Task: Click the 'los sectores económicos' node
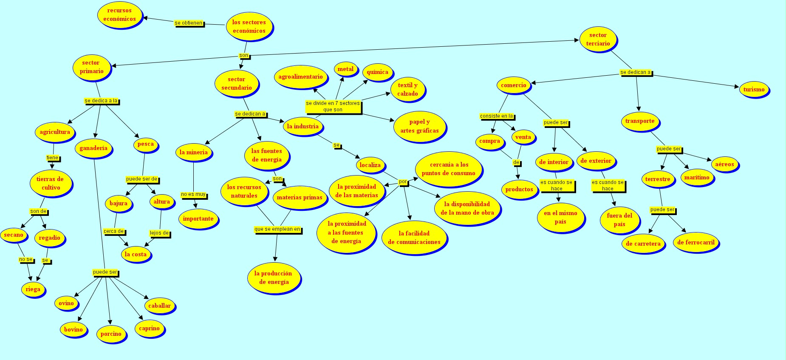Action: (x=249, y=26)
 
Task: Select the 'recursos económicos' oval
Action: (x=119, y=15)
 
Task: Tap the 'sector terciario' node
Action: (x=598, y=39)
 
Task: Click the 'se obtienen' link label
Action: (x=189, y=23)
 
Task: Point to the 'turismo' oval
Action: (x=754, y=89)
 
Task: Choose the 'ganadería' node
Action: (x=93, y=148)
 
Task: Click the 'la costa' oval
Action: (x=136, y=254)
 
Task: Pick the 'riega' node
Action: (x=33, y=289)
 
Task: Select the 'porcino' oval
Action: (x=111, y=334)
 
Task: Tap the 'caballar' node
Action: (x=159, y=306)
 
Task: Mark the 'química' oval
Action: (x=377, y=72)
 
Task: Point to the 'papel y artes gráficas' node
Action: (x=419, y=126)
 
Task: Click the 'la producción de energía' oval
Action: (x=273, y=278)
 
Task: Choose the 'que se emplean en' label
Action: (x=277, y=229)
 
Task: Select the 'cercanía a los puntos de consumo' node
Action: (x=448, y=169)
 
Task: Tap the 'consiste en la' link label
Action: (x=496, y=116)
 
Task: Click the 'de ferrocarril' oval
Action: (x=696, y=242)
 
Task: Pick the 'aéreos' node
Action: (x=724, y=164)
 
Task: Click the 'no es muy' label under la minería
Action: (x=193, y=194)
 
